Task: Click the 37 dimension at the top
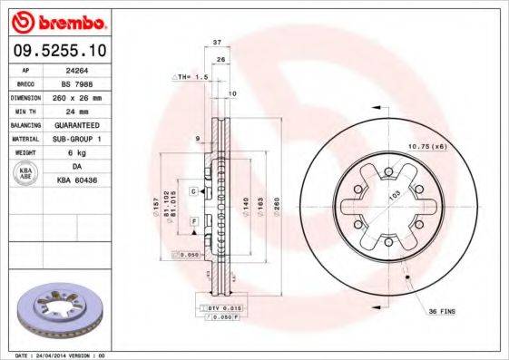pos(217,43)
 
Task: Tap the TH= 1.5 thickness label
pos(194,78)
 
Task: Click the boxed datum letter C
pos(194,191)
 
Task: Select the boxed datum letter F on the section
pos(194,221)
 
